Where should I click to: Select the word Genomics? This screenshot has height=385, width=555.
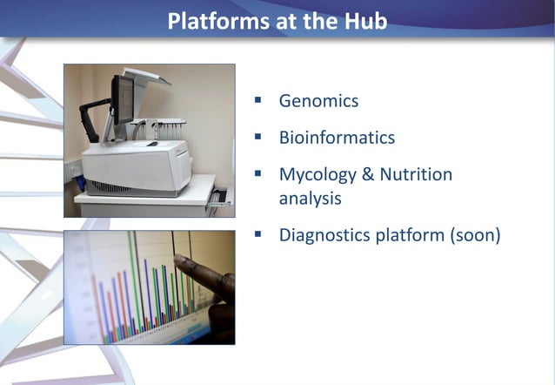point(318,100)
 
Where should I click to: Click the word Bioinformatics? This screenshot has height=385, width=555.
point(337,138)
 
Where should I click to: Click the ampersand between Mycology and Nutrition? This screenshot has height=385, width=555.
point(366,174)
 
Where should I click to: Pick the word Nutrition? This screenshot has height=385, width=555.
point(416,174)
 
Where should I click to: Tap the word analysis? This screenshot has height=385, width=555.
point(310,199)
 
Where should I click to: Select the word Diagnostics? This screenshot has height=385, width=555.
point(324,234)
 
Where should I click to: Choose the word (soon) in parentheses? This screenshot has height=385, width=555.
point(474,234)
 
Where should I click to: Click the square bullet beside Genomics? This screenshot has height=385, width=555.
point(258,100)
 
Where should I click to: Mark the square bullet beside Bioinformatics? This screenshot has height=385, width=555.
point(258,137)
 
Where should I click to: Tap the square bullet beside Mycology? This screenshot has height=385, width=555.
point(258,173)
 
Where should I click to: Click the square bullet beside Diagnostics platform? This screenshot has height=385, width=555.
point(258,233)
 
